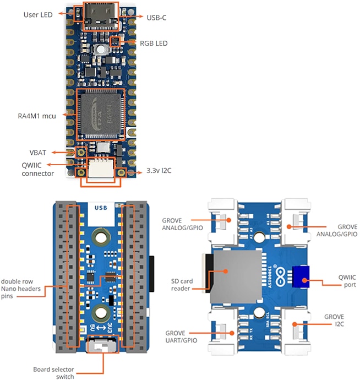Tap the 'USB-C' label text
click(x=156, y=18)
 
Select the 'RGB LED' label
click(x=154, y=43)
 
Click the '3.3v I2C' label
click(x=160, y=172)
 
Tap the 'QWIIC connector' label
click(x=38, y=169)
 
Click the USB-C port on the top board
click(x=101, y=14)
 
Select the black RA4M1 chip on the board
click(x=101, y=115)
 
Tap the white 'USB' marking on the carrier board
click(x=101, y=208)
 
